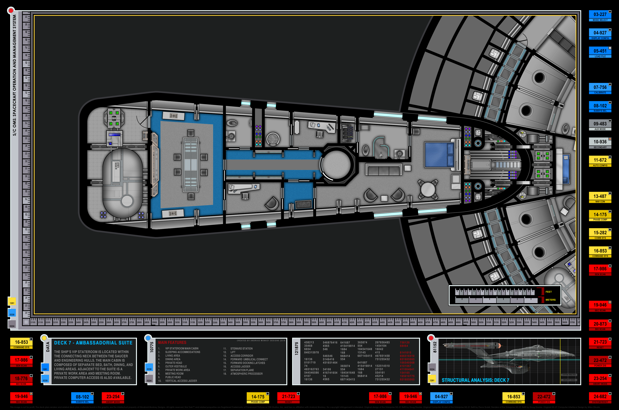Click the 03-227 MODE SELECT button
(600, 16)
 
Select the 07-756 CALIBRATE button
(600, 89)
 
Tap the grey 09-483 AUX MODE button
(600, 125)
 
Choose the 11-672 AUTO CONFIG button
(600, 161)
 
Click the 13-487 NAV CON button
(600, 197)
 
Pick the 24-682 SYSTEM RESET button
(600, 398)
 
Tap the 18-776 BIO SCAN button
(21, 380)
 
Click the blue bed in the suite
(439, 155)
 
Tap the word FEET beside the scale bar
(549, 292)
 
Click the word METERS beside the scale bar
(550, 300)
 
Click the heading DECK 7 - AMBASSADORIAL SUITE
(93, 343)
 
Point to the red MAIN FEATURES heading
(172, 342)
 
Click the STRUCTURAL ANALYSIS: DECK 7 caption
(475, 380)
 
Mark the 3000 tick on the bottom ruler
(170, 322)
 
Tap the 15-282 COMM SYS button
(600, 234)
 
